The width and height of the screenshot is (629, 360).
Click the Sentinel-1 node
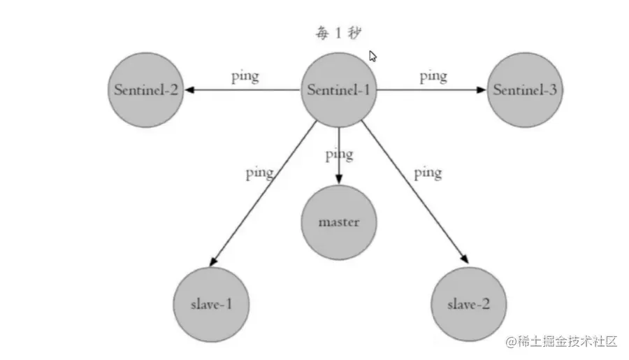point(339,90)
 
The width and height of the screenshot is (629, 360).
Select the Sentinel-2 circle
point(145,90)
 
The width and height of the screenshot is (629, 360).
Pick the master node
point(339,222)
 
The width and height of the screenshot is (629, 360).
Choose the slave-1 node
point(210,304)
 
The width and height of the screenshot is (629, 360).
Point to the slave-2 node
point(468,304)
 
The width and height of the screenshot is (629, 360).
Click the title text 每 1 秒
point(338,33)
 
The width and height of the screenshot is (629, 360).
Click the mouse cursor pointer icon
point(373,56)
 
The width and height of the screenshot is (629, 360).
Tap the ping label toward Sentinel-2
point(245,76)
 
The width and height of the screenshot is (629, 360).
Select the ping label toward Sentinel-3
point(433,76)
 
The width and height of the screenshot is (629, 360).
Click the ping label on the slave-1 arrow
point(259,173)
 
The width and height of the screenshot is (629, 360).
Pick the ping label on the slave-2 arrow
point(427,172)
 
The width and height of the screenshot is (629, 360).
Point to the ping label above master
point(339,154)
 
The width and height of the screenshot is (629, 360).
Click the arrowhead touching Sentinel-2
point(189,90)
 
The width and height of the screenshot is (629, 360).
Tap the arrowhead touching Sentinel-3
point(481,90)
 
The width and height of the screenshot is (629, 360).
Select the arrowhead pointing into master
point(339,180)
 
